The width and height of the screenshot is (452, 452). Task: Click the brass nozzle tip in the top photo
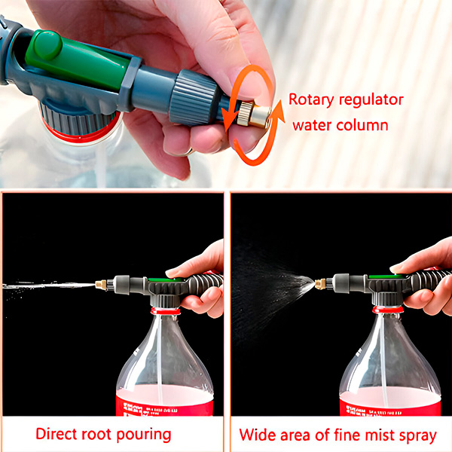tap(255, 115)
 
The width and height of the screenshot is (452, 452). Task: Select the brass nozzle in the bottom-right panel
tap(319, 285)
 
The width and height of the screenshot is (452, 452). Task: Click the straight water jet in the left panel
tap(45, 286)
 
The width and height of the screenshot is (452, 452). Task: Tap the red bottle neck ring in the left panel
tap(166, 310)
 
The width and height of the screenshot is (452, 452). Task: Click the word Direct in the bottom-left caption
tap(57, 435)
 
